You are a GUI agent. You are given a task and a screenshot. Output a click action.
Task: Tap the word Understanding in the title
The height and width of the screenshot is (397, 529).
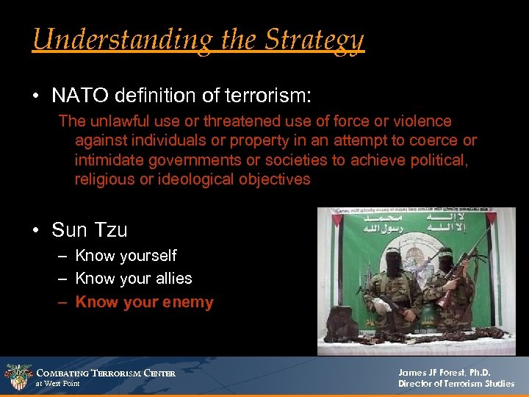(111, 40)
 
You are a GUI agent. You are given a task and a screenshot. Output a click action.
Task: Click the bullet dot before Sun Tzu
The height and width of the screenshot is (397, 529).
(35, 231)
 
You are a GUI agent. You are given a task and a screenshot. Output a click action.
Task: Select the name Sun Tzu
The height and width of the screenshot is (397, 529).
(90, 230)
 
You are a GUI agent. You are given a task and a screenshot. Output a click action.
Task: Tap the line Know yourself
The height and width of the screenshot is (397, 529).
(126, 256)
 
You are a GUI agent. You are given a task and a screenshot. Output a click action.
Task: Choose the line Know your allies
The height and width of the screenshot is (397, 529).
(133, 279)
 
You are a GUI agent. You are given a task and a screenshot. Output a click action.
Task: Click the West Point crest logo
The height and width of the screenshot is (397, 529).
(18, 376)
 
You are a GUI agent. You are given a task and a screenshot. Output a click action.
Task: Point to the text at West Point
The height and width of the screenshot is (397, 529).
(58, 384)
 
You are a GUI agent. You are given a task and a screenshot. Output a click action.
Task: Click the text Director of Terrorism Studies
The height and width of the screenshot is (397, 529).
(456, 384)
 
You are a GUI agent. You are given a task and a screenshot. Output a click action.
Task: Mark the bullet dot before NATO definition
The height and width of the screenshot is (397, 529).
(35, 96)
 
